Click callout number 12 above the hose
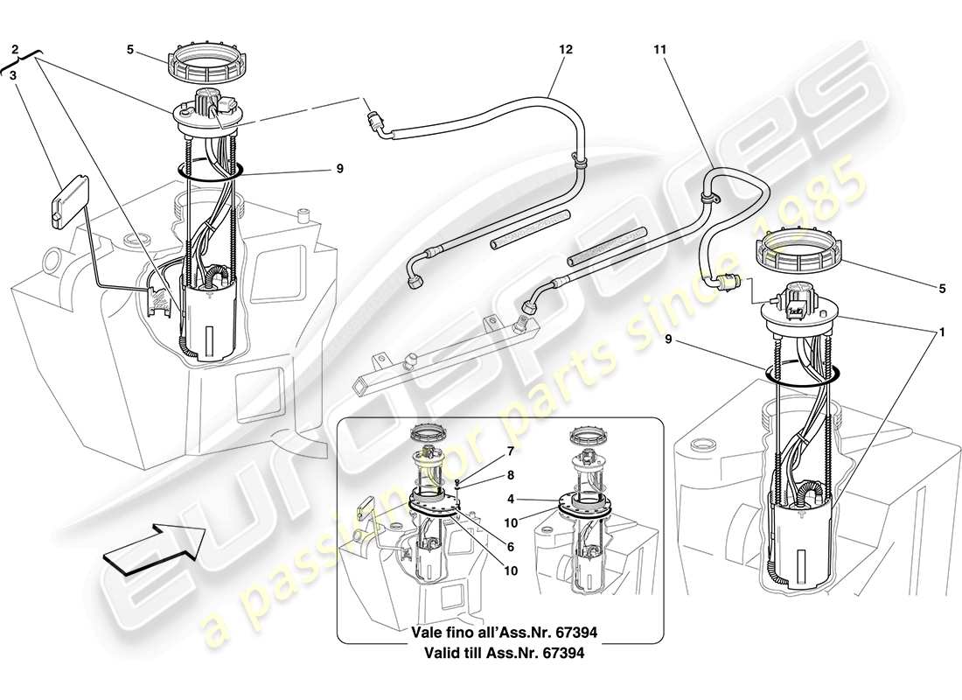(566, 50)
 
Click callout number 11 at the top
(659, 50)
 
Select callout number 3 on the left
(14, 76)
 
